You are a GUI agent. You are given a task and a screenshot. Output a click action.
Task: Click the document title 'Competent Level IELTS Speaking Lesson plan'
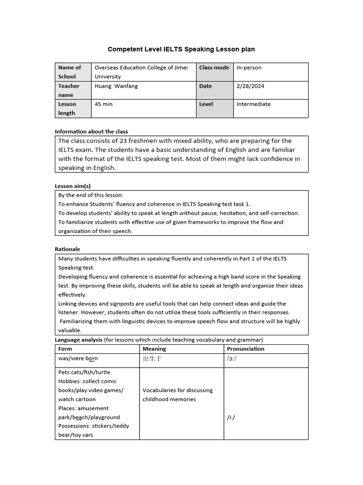pyautogui.click(x=181, y=49)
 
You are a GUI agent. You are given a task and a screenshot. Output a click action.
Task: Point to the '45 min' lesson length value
pyautogui.click(x=104, y=104)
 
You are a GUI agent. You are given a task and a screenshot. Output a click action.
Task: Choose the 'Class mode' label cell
pyautogui.click(x=214, y=68)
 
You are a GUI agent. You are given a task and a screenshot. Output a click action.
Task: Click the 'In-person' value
pyautogui.click(x=249, y=68)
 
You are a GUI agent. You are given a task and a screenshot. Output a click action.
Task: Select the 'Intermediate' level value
pyautogui.click(x=253, y=104)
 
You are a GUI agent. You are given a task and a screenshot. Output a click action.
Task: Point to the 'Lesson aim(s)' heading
pyautogui.click(x=73, y=186)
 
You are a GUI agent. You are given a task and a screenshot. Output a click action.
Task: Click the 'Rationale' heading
pyautogui.click(x=68, y=249)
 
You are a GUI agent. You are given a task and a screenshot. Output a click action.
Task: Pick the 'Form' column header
pyautogui.click(x=65, y=349)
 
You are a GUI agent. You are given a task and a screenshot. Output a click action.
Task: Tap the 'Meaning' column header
pyautogui.click(x=154, y=349)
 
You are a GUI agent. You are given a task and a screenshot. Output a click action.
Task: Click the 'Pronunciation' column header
pyautogui.click(x=246, y=349)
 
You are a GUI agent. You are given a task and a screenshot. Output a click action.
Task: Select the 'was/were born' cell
pyautogui.click(x=78, y=359)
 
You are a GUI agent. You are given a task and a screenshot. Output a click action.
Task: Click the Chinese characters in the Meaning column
pyautogui.click(x=152, y=359)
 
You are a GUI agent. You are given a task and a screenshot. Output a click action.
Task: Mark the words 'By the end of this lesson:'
pyautogui.click(x=90, y=195)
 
